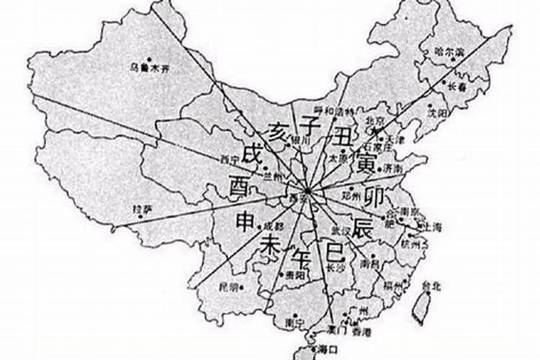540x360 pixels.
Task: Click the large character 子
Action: coord(310,127)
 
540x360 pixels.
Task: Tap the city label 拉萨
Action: coord(143,210)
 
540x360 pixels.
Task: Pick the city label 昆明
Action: coord(228,287)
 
